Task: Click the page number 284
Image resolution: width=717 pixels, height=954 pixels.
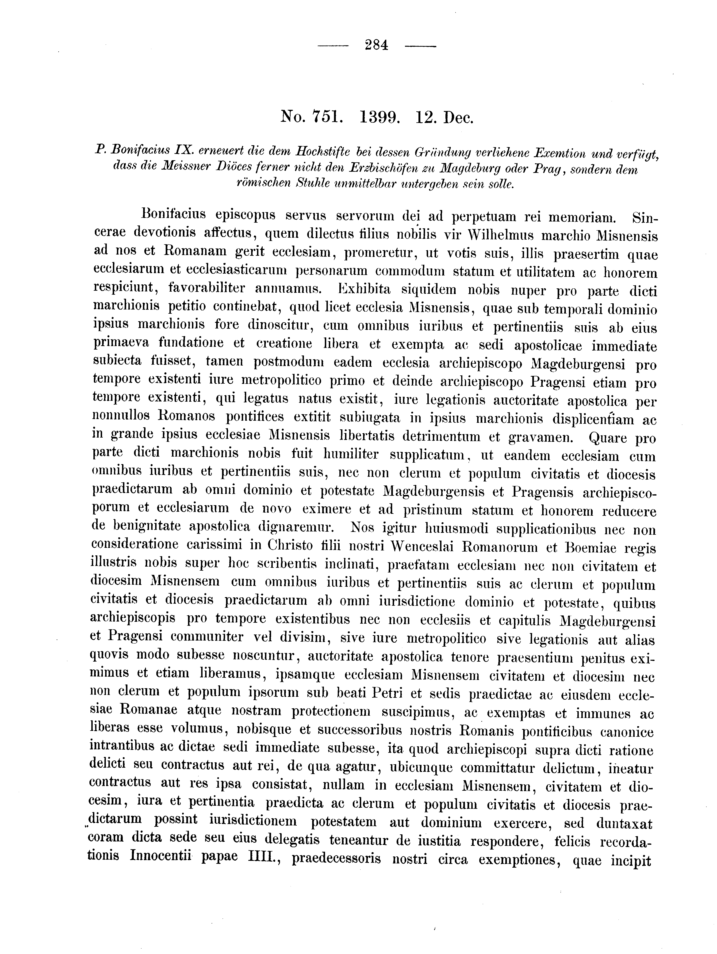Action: pos(376,45)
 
